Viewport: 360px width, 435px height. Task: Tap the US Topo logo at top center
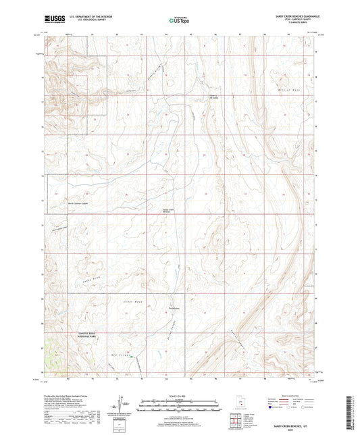(178, 21)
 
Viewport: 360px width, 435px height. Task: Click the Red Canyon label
(119, 353)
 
